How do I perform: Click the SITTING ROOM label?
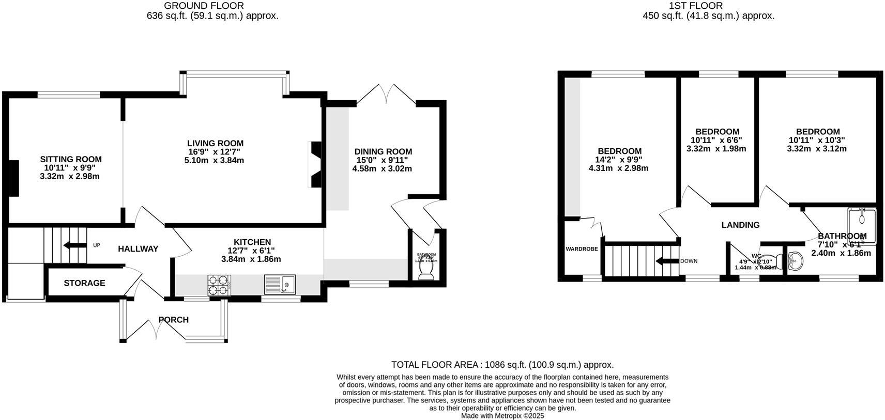click(x=71, y=160)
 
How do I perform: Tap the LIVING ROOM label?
click(x=215, y=143)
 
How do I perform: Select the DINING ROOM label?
click(x=383, y=151)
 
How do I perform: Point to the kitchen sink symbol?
click(x=280, y=284)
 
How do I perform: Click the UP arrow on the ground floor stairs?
click(x=75, y=245)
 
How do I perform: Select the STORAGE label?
click(x=84, y=283)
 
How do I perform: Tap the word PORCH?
click(x=173, y=320)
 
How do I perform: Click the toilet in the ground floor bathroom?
click(x=427, y=271)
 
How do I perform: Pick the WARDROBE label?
click(x=582, y=249)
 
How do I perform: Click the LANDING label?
click(x=740, y=225)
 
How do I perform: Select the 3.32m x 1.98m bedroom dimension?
click(x=716, y=149)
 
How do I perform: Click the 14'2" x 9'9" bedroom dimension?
click(x=618, y=160)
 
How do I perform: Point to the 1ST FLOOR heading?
click(x=708, y=6)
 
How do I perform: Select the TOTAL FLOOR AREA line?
click(x=502, y=365)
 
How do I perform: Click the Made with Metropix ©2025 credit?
click(x=502, y=415)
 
